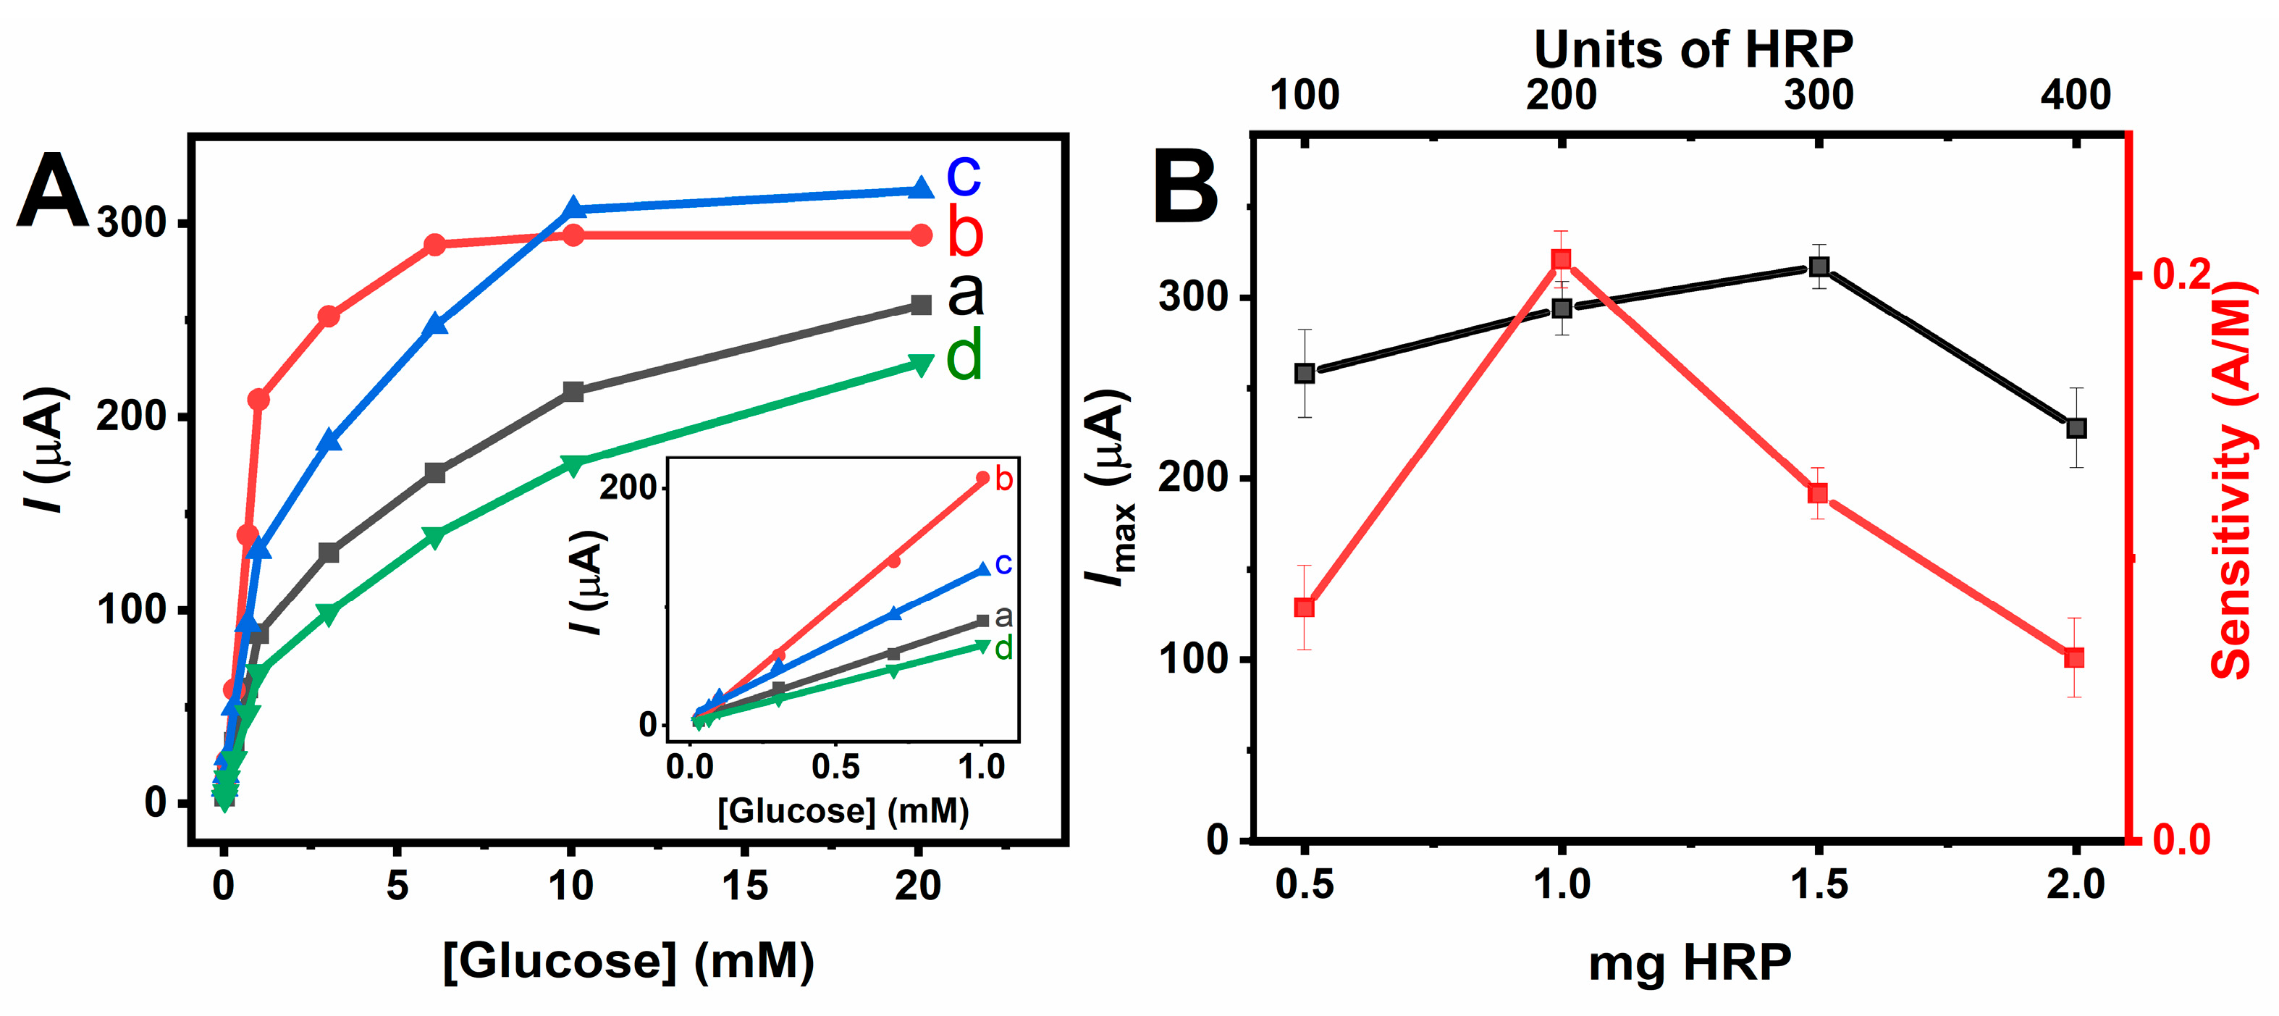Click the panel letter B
coord(1186,188)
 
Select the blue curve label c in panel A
coord(964,175)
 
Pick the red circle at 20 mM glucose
coord(921,235)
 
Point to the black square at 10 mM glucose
coord(573,391)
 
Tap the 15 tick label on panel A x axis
coord(744,885)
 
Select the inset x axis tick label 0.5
coord(835,766)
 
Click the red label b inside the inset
coord(1003,479)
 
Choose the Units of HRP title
coord(1693,49)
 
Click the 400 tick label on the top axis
coord(2076,95)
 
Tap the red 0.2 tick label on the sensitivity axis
coord(2182,274)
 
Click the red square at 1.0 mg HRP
coord(1562,259)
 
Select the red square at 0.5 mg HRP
coord(1304,607)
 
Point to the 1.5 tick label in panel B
coord(1818,885)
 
